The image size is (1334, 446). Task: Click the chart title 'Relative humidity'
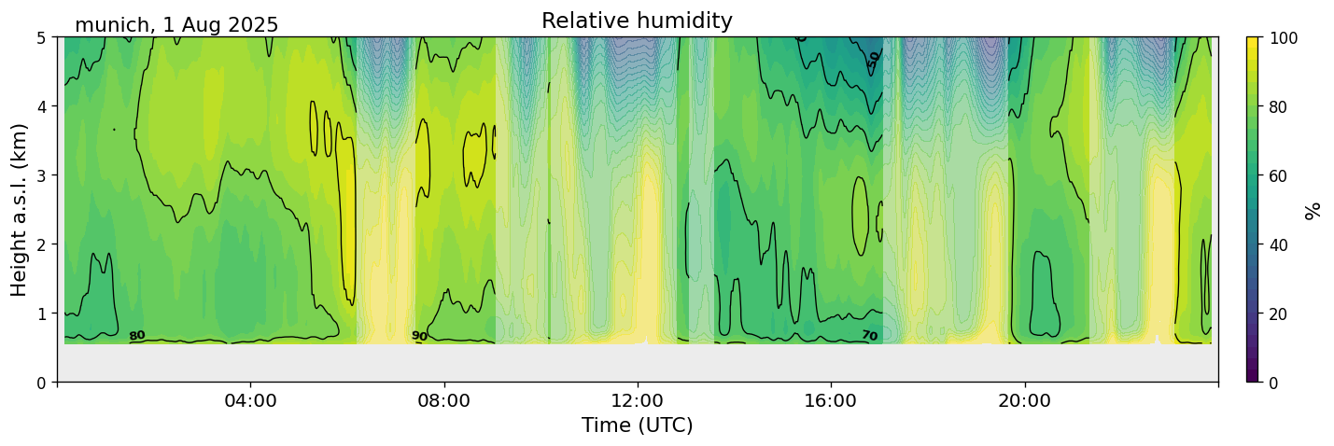tap(637, 21)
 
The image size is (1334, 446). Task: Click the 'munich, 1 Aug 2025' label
tap(176, 25)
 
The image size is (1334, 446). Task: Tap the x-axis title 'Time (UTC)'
tap(637, 425)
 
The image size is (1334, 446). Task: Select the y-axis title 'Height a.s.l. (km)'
tap(20, 209)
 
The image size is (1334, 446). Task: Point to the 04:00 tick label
tap(251, 400)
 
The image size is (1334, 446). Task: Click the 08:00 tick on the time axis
tap(444, 400)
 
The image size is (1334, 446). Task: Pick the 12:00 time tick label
tap(638, 400)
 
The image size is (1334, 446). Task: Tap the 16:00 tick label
tap(831, 400)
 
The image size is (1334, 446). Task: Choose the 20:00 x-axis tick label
tap(1025, 400)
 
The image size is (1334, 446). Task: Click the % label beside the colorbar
tap(1313, 210)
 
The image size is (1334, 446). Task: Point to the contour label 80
tap(137, 336)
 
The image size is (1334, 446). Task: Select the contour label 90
tap(419, 336)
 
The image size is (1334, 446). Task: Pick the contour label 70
tap(869, 336)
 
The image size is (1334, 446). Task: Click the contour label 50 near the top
tap(874, 57)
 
